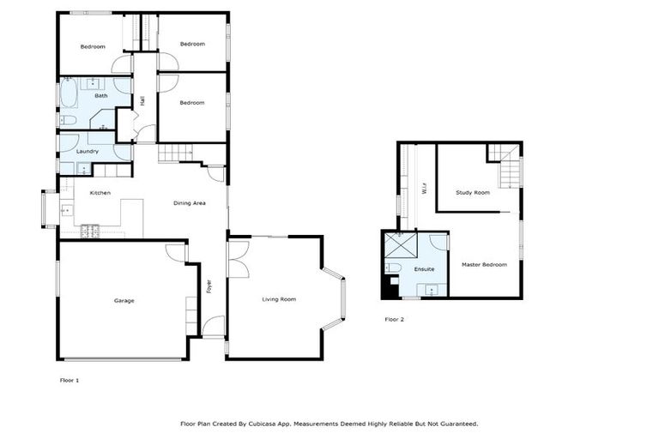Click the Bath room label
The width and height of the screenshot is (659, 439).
point(101,96)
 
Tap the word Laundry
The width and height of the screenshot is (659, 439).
point(87,152)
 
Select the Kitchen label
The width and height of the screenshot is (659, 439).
point(100,193)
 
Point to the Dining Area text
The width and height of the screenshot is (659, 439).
point(189,203)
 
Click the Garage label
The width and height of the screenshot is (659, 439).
point(124,300)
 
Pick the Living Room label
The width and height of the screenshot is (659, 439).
point(279,299)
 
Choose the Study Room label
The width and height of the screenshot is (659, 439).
point(473,193)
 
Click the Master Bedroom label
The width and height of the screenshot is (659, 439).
point(484,265)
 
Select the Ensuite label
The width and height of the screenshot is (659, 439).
point(424,269)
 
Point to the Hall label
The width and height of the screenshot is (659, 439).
point(142,100)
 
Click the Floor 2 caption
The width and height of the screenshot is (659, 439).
point(394,319)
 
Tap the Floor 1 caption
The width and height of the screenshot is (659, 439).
point(70,379)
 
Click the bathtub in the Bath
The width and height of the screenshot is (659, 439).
point(68,93)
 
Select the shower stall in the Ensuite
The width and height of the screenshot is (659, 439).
point(399,245)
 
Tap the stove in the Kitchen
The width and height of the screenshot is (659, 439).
point(90,230)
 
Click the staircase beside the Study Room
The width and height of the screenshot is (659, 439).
point(509,166)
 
